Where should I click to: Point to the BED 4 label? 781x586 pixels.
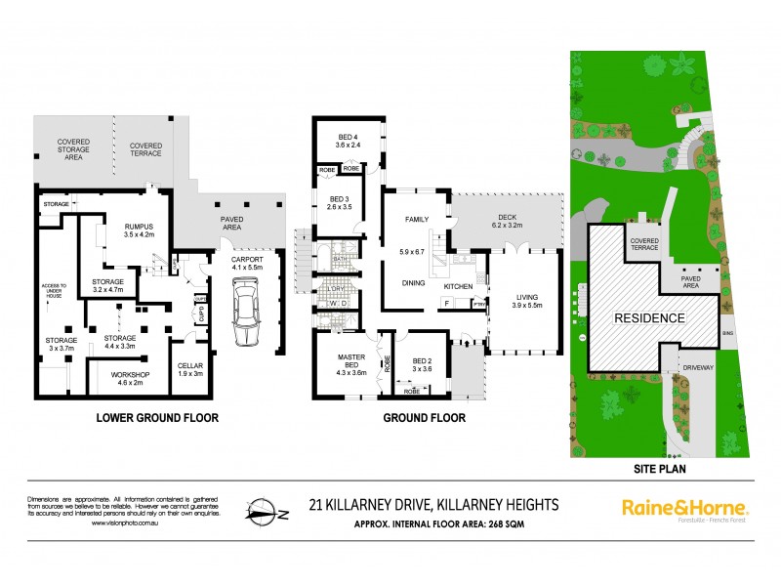(x=349, y=136)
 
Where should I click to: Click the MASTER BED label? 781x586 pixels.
(x=349, y=357)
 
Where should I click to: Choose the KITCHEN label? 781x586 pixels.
(x=459, y=286)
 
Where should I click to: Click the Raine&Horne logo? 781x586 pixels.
(x=684, y=508)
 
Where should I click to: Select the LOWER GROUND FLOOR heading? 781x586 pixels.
(x=156, y=418)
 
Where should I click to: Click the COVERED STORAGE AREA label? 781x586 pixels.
(x=72, y=148)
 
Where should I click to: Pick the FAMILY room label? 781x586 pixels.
(x=418, y=219)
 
